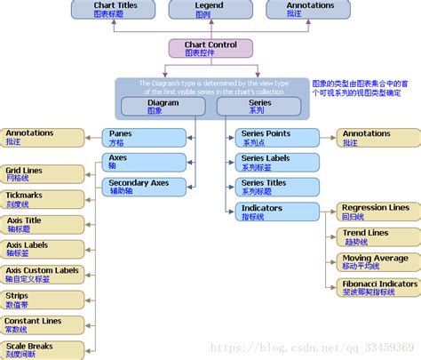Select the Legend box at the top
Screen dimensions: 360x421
tap(210, 10)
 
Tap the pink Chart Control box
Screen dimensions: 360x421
tap(210, 49)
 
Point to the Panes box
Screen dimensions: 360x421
tap(136, 137)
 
